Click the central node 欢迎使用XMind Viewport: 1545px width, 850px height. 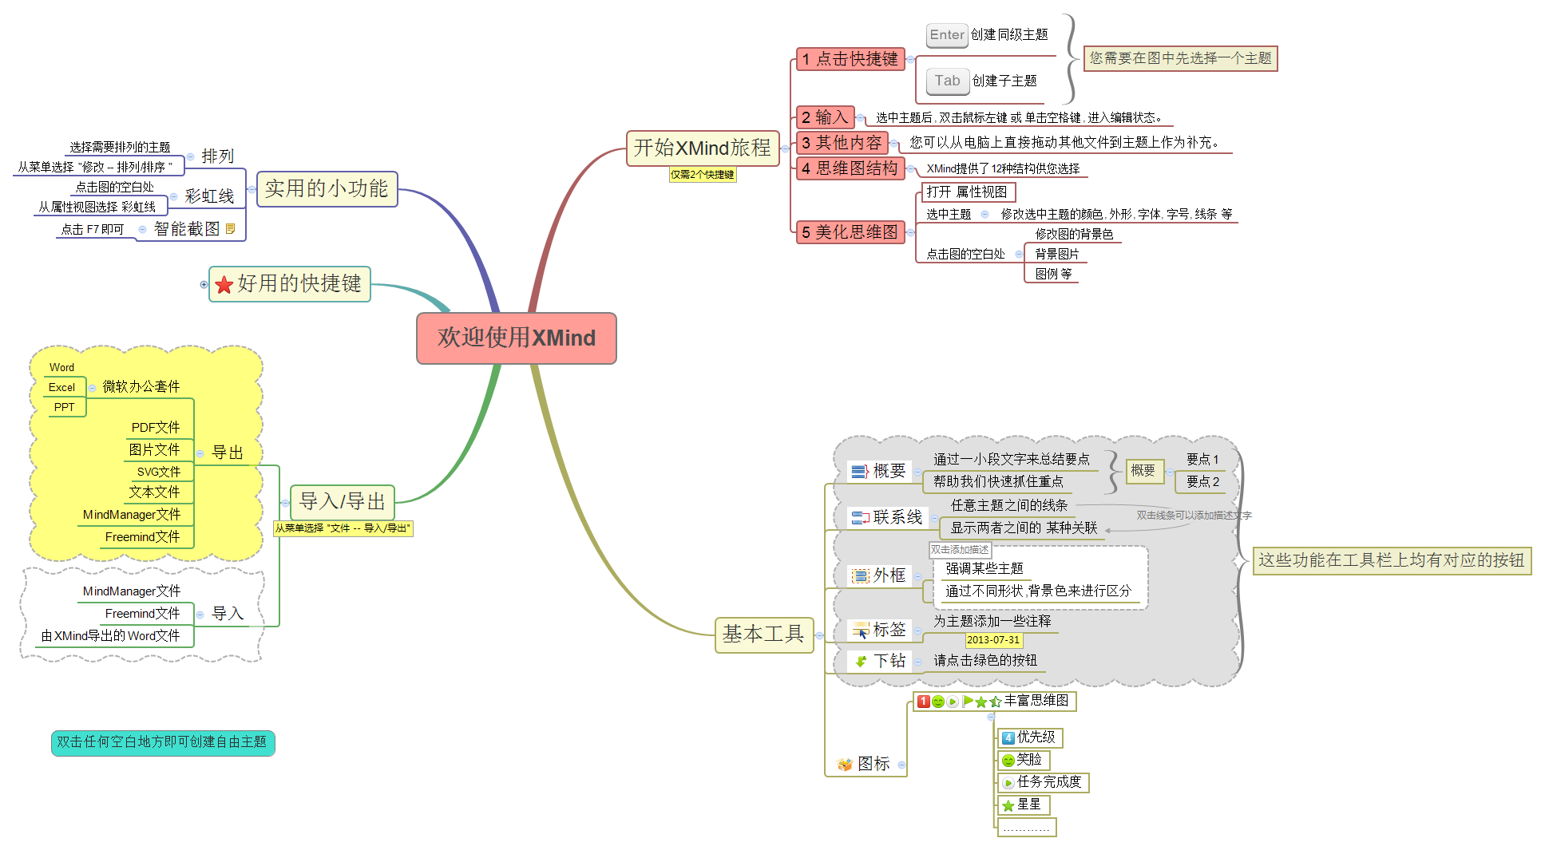click(516, 338)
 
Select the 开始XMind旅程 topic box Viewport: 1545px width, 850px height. click(702, 148)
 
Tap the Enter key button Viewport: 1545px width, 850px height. click(947, 35)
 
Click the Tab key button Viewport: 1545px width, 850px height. click(947, 81)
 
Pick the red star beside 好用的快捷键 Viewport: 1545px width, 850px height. click(224, 285)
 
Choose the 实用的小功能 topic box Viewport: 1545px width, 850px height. click(327, 189)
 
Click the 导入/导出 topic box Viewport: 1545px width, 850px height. click(342, 501)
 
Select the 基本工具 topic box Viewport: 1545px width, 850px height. click(763, 635)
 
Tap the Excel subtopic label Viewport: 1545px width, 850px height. click(61, 388)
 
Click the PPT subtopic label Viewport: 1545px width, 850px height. click(64, 407)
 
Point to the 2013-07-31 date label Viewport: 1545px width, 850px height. click(993, 640)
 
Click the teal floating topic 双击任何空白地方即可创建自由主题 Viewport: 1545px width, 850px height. click(162, 742)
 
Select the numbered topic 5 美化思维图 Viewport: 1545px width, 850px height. click(850, 232)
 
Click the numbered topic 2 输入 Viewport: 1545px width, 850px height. click(825, 117)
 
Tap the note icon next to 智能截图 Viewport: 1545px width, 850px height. click(231, 229)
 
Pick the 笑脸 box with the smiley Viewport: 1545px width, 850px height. click(1023, 760)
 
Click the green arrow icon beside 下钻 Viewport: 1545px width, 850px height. click(861, 661)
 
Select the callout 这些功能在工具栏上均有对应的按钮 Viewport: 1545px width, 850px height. click(1391, 560)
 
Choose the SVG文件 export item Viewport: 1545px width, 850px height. click(158, 472)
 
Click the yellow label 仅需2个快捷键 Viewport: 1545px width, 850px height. click(702, 175)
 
